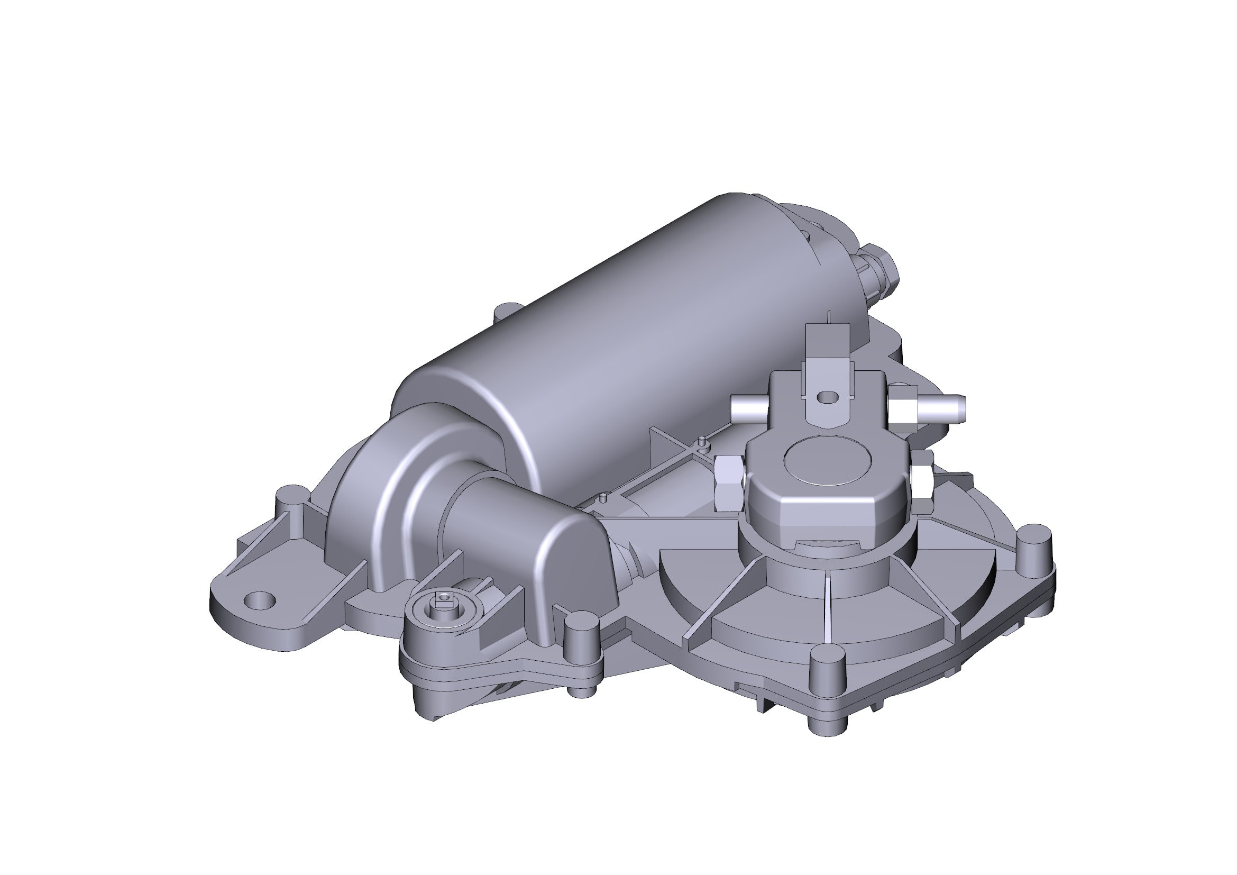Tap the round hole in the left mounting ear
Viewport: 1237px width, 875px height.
point(260,599)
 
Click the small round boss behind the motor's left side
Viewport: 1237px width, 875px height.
point(506,311)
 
